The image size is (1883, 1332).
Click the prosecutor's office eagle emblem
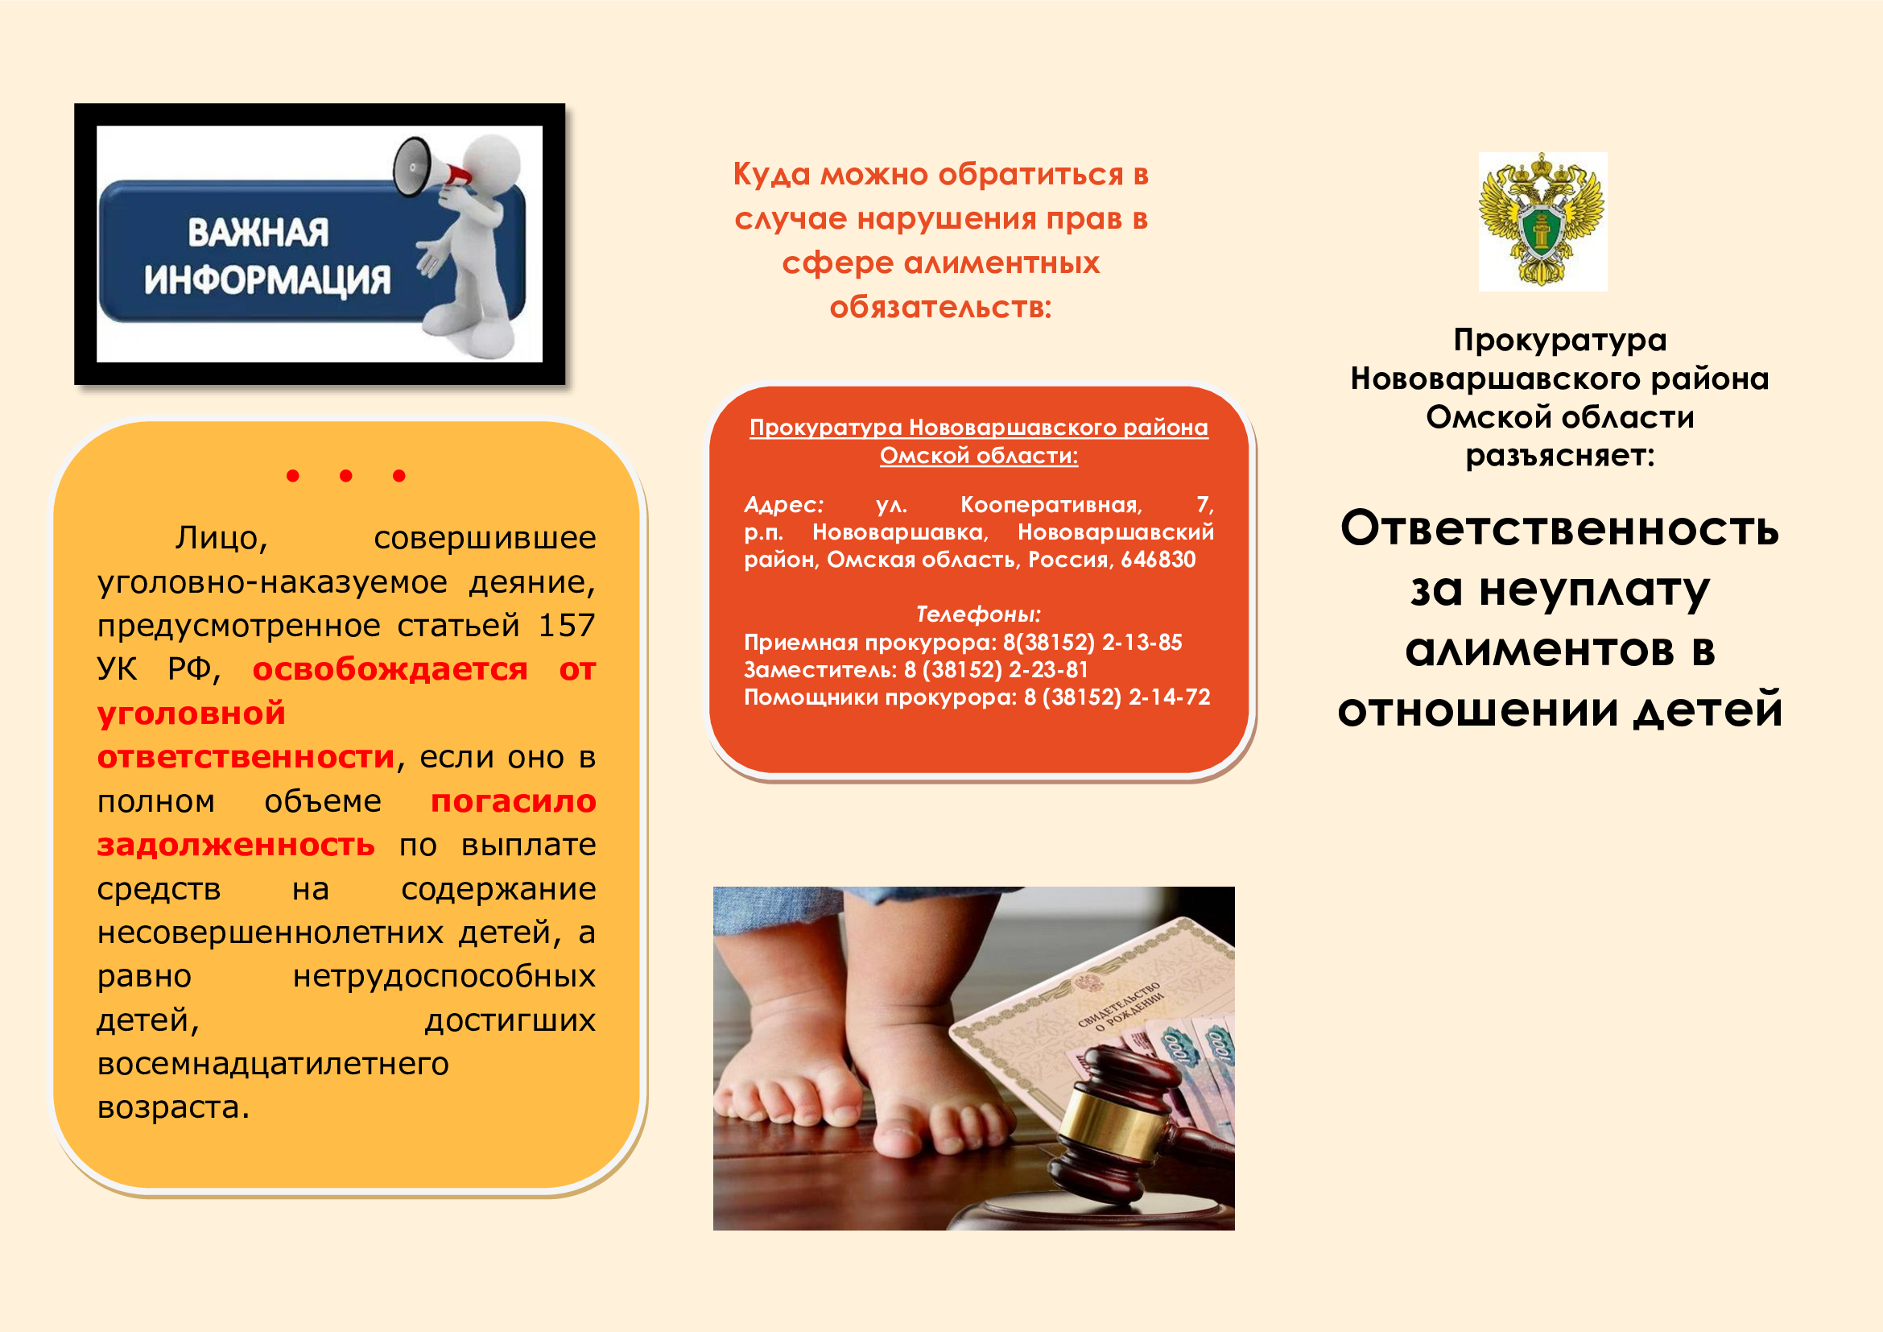click(x=1542, y=221)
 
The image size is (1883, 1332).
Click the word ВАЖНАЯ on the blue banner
click(x=258, y=232)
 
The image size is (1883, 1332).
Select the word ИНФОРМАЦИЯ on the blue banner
click(x=267, y=279)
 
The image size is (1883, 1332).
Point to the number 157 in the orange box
click(x=567, y=626)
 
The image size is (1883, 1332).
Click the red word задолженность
click(x=236, y=845)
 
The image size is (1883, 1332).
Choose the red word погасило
click(x=514, y=801)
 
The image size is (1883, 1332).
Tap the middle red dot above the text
click(x=346, y=476)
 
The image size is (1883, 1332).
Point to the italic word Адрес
click(x=783, y=505)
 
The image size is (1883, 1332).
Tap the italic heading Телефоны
click(x=978, y=614)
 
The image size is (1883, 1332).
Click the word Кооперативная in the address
click(x=1051, y=505)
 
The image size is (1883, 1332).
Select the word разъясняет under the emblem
click(x=1560, y=456)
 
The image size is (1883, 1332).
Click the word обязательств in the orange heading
click(x=939, y=308)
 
